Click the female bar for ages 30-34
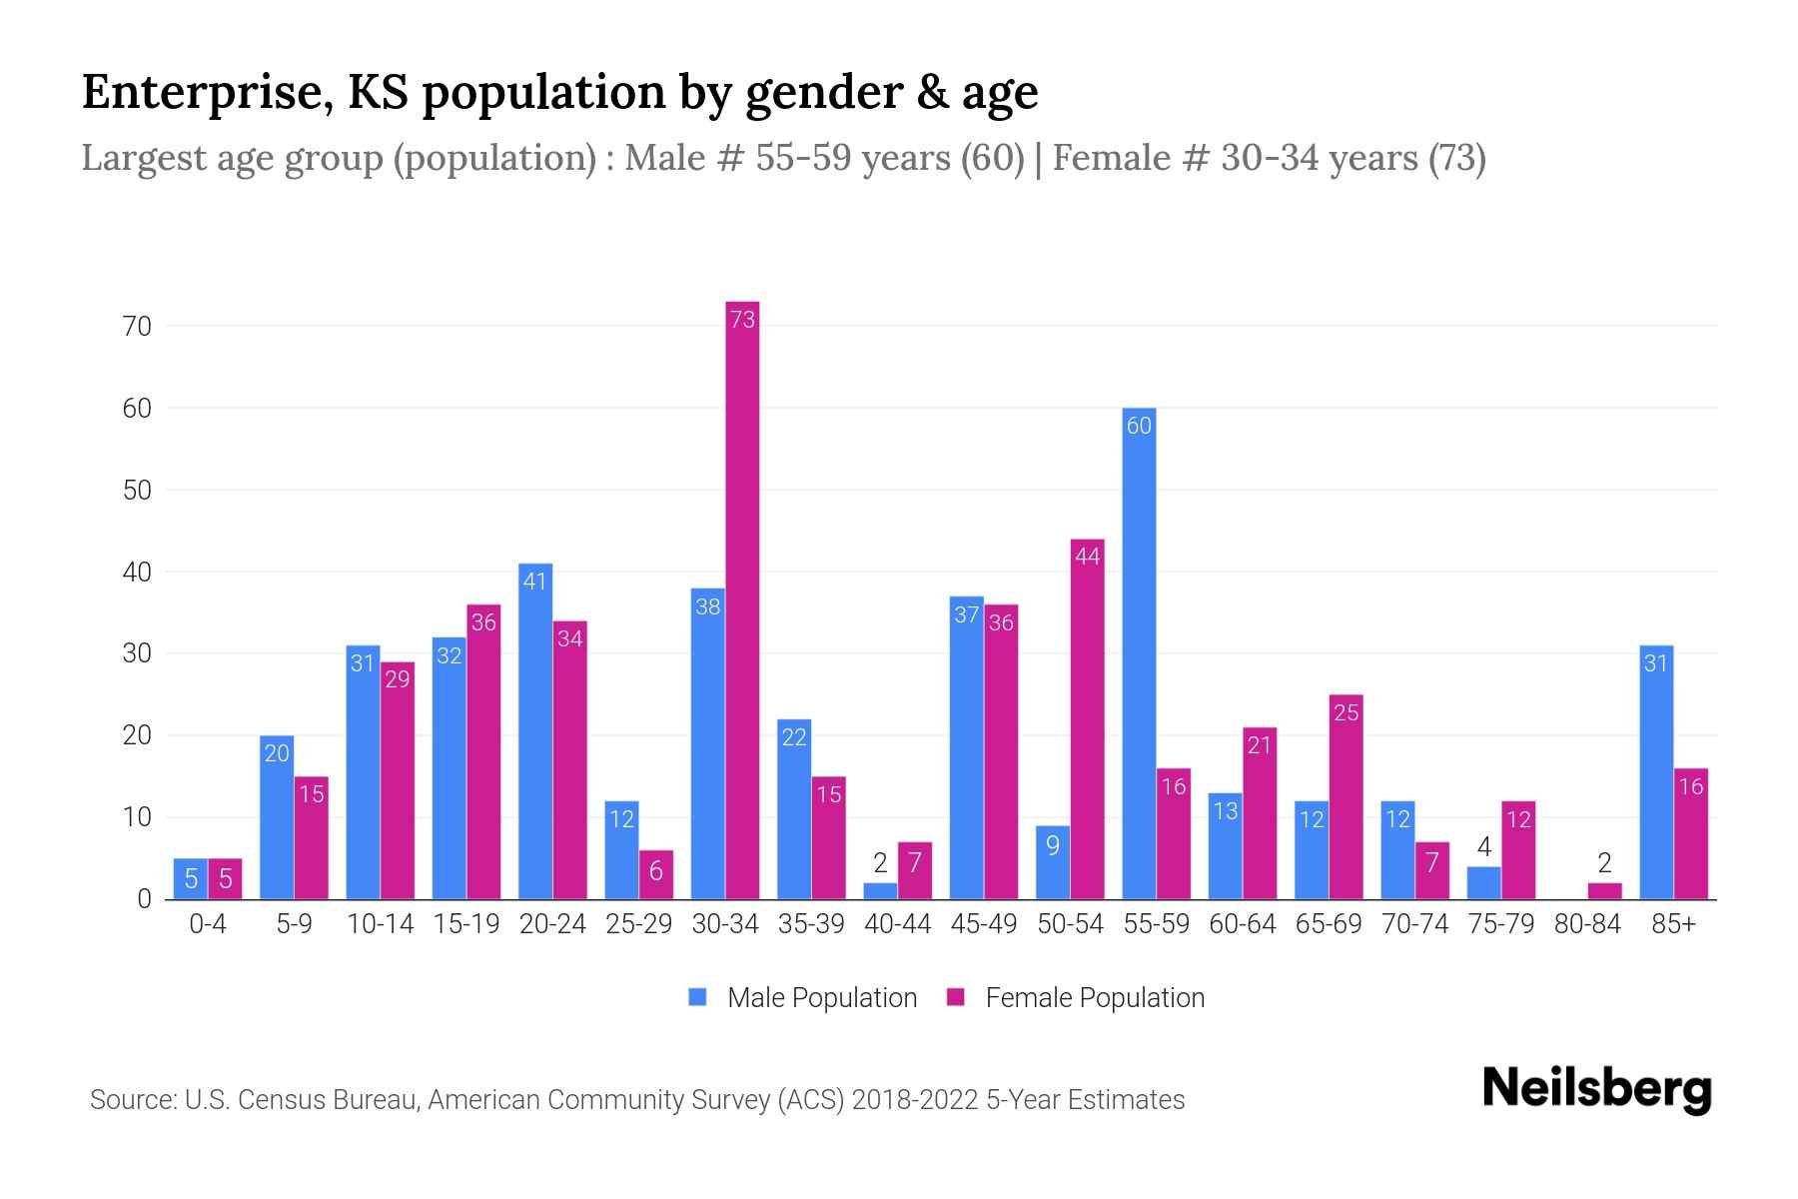[742, 599]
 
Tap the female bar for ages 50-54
[1087, 719]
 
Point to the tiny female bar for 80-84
[1604, 891]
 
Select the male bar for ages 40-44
[880, 891]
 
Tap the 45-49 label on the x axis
[983, 924]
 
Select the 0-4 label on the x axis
[208, 924]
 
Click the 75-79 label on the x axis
[1500, 924]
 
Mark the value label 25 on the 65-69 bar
[1346, 713]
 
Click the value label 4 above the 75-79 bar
[1483, 848]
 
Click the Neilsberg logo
[1596, 1089]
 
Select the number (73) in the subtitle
[1456, 158]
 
